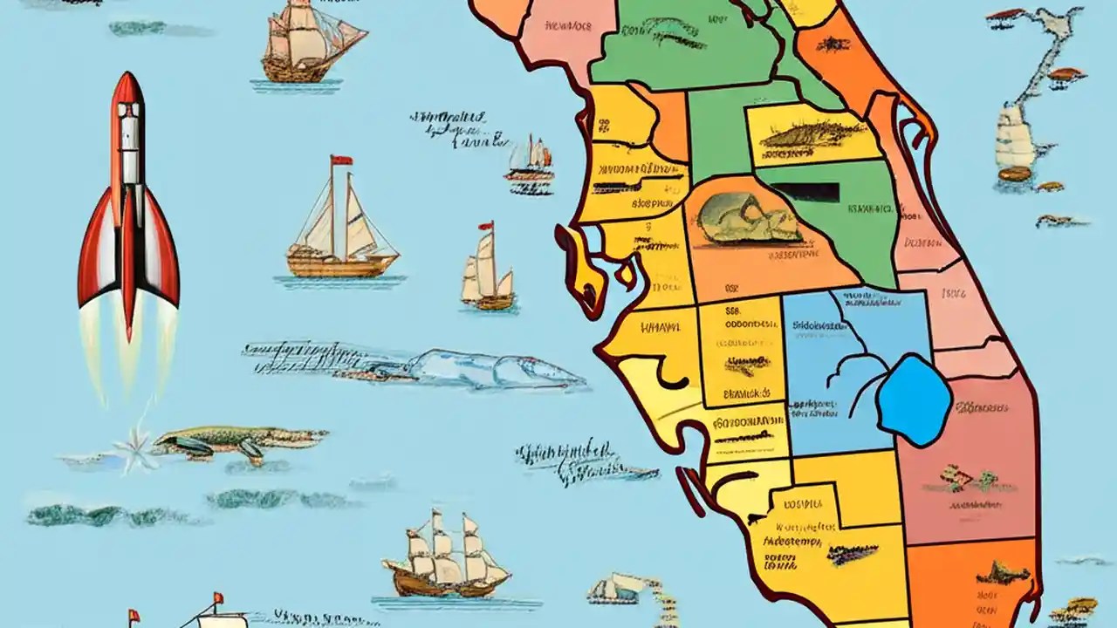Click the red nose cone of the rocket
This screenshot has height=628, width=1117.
128,87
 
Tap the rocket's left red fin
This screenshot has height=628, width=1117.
93,262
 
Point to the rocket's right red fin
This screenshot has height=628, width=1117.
164,262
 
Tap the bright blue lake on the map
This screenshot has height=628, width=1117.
914,399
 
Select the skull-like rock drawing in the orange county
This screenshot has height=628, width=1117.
750,218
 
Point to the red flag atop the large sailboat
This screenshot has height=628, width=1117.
340,160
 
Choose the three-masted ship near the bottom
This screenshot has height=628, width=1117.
445,558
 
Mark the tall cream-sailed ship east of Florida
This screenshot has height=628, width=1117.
1014,140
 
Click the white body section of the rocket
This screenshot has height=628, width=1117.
128,148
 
